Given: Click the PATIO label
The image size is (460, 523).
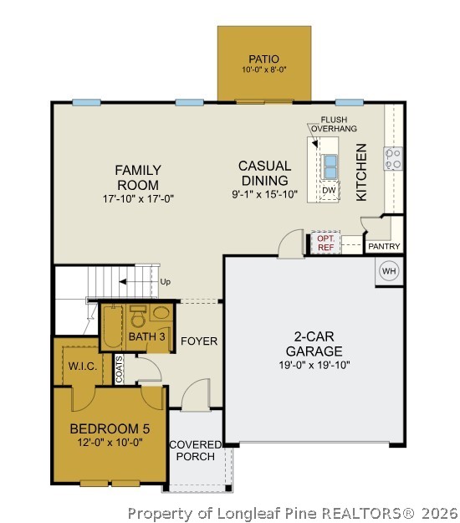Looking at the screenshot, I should [x=263, y=59].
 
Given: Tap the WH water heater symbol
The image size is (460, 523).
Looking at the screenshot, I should [x=389, y=271].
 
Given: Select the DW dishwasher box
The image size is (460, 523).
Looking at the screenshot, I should [x=330, y=191].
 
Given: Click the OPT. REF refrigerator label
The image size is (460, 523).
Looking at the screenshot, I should [x=325, y=243].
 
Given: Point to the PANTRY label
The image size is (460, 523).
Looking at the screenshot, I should [x=384, y=246].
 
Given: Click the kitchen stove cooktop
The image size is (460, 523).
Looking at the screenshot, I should [x=393, y=158].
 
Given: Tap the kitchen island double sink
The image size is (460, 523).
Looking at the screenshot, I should [x=330, y=167].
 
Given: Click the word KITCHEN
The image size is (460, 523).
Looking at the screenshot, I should [x=362, y=172].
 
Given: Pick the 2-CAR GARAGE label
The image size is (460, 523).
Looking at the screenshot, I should [x=314, y=344].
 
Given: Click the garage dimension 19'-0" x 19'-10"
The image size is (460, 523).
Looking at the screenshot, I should [x=314, y=364].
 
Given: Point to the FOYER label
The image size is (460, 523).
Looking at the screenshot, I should [x=199, y=341].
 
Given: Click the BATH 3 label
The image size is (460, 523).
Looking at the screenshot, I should [x=146, y=336].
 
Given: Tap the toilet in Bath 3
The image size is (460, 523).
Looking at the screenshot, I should [x=139, y=316].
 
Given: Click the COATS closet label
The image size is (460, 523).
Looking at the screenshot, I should [x=120, y=370].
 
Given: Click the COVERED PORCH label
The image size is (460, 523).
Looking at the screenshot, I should [x=195, y=450].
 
